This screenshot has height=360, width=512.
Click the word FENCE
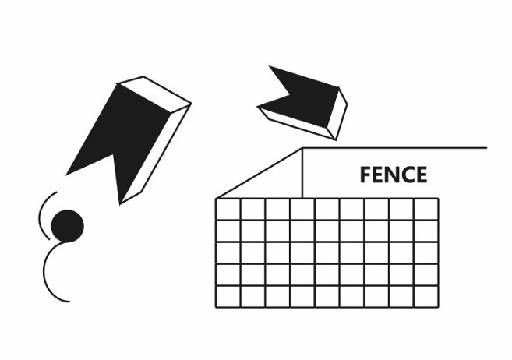point(394,175)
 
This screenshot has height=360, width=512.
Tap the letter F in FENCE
point(365,175)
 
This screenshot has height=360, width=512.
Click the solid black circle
point(67,225)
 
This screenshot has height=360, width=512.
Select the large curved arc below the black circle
point(47,273)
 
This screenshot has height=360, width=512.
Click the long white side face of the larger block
point(156,148)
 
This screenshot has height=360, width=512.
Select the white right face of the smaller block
point(337,113)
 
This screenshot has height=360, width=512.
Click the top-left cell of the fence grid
point(228,210)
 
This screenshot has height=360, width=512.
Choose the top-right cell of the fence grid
point(425,210)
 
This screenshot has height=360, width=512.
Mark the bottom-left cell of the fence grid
point(228,296)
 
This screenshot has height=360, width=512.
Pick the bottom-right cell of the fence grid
point(425,296)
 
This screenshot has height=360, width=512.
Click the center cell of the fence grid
point(327,252)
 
